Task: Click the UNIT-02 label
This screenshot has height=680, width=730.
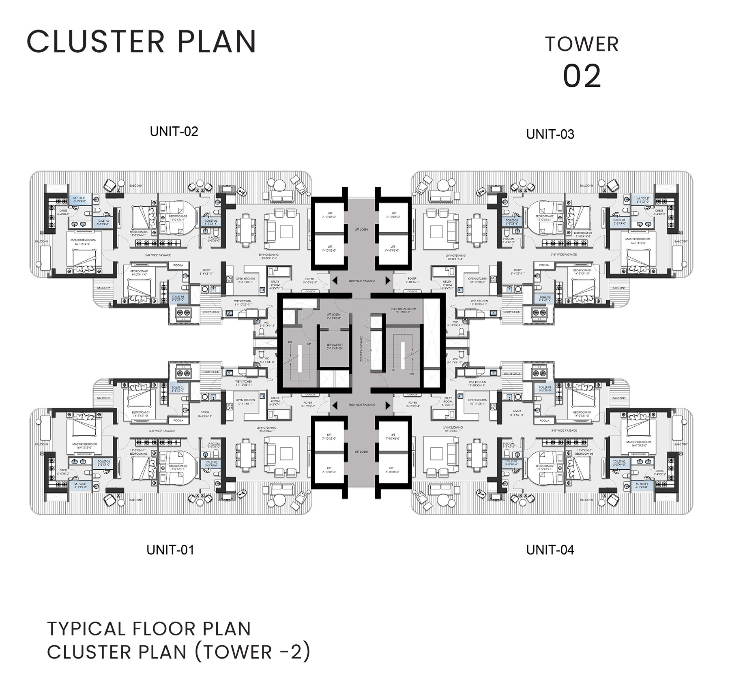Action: (x=174, y=131)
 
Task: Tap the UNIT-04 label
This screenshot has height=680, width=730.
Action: (x=550, y=550)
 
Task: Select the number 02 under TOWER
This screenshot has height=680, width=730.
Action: (x=582, y=76)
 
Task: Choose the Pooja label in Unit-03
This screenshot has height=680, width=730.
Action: (x=544, y=265)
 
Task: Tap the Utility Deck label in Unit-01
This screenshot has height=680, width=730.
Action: (x=210, y=372)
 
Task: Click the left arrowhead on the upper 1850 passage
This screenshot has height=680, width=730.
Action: (x=334, y=280)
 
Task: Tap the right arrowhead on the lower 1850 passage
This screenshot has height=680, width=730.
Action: (x=388, y=404)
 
